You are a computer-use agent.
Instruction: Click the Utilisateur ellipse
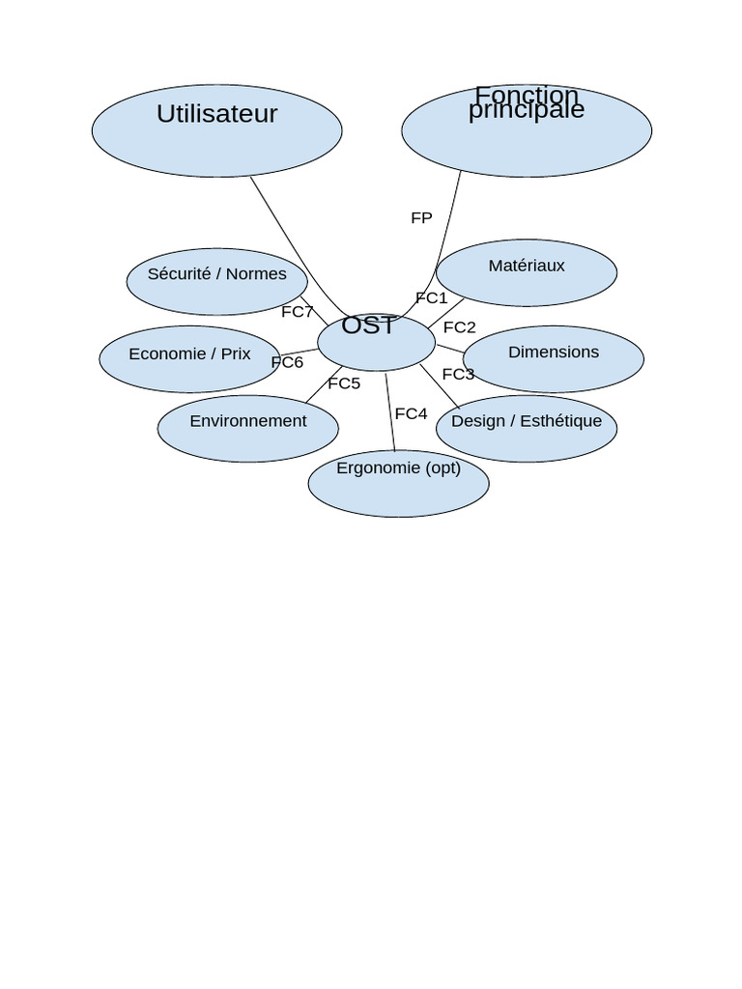pos(216,130)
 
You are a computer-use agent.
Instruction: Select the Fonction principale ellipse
pos(527,130)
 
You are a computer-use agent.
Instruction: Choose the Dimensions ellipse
pos(554,359)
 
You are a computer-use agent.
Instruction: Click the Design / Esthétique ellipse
pos(527,429)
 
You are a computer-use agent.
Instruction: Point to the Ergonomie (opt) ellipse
pos(398,484)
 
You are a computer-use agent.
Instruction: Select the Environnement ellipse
pos(248,429)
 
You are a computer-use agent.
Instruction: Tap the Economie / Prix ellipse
pos(189,359)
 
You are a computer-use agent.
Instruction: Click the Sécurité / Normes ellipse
pos(216,282)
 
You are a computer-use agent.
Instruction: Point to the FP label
pos(421,218)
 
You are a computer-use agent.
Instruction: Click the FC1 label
pos(431,297)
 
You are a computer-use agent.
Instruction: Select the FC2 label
pos(459,327)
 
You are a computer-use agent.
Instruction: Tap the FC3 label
pos(458,374)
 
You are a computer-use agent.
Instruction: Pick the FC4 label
pos(411,413)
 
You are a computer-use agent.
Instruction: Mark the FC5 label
pos(344,383)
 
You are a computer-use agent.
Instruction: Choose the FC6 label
pos(287,362)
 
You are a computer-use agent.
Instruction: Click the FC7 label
pos(298,312)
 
